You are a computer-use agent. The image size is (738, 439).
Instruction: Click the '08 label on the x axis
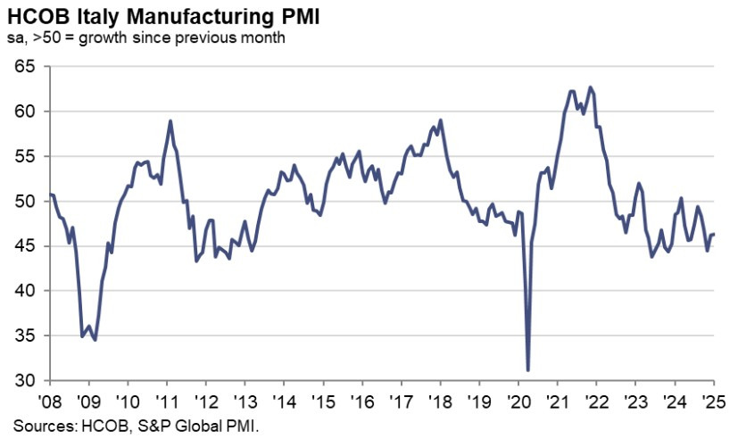tap(50, 399)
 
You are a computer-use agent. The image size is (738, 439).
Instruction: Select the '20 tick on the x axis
tap(518, 399)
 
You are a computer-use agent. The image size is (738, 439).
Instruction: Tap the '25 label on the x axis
tap(714, 399)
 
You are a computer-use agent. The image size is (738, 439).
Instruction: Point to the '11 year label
tap(167, 399)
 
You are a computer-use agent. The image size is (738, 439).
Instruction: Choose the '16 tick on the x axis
tap(362, 399)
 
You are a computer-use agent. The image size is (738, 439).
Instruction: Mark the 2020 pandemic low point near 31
tap(528, 369)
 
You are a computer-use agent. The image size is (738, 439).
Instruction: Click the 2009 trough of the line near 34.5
tap(95, 340)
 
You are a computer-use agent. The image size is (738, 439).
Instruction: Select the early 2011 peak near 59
tap(170, 120)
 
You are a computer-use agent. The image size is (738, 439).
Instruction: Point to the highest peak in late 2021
tap(590, 87)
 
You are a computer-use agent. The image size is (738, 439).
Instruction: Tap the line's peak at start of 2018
tap(441, 120)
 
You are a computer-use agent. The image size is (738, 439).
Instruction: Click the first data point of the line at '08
tap(50, 194)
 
